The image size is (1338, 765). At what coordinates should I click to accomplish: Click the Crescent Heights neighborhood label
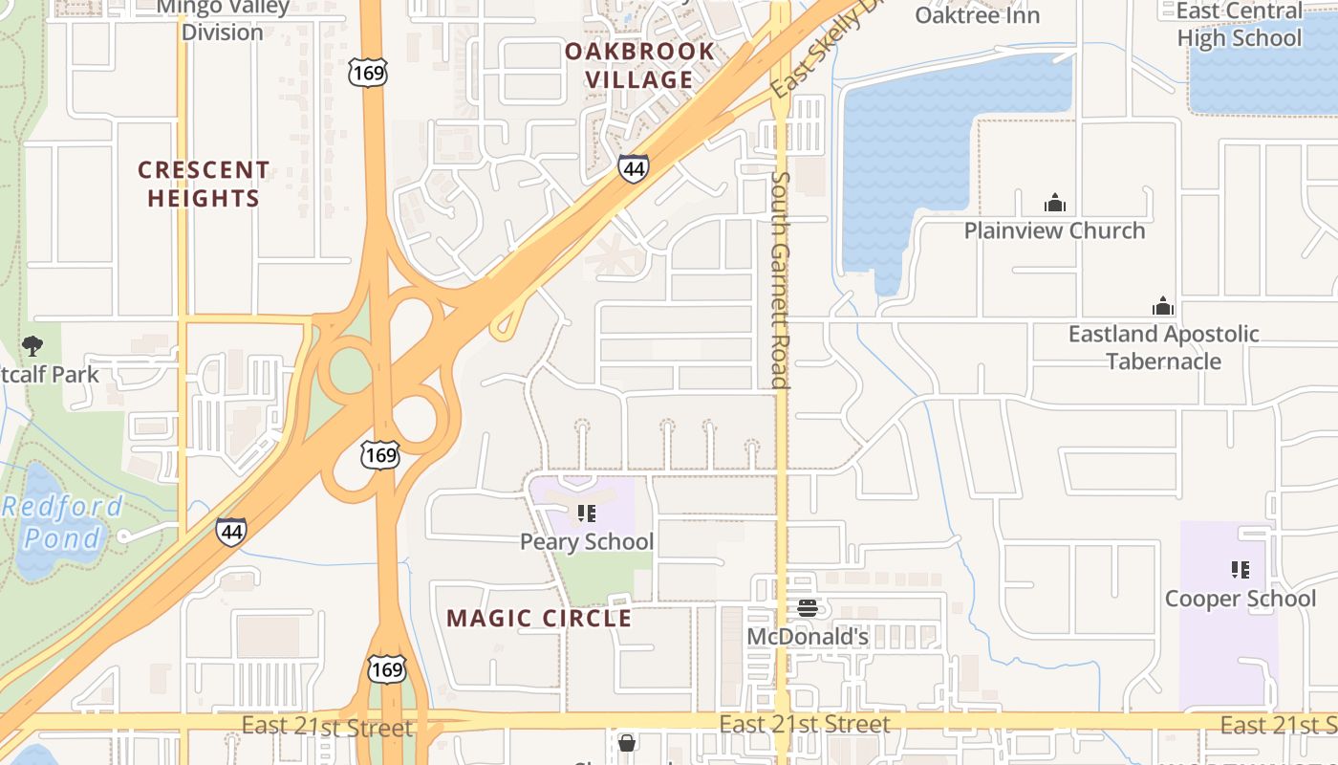[204, 185]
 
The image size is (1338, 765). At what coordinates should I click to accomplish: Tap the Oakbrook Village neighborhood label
[639, 65]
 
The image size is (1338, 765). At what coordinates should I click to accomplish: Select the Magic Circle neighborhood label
[539, 619]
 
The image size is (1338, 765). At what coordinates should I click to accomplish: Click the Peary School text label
[587, 542]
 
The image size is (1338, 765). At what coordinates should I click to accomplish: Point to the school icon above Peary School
[587, 515]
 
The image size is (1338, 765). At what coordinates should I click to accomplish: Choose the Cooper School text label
[1240, 599]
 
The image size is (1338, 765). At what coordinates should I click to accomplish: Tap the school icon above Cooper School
[1241, 571]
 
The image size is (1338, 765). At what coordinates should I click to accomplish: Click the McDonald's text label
[808, 637]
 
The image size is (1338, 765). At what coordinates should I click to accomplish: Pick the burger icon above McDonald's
[808, 608]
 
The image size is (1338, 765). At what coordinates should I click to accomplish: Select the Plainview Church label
[1054, 230]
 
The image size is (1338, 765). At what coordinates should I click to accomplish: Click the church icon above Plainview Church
[1054, 203]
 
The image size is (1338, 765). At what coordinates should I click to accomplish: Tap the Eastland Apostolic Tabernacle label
[1163, 347]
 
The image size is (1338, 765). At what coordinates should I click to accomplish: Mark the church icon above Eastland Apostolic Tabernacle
[1163, 306]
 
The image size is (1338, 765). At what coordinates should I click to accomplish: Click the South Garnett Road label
[780, 279]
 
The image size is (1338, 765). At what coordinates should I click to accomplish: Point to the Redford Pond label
[63, 522]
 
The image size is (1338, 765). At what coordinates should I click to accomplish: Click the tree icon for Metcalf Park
[32, 345]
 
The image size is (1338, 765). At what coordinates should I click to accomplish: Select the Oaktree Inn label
[977, 15]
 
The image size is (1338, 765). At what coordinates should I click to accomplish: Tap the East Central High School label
[1240, 25]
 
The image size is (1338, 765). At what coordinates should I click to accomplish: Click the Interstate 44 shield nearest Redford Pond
[230, 532]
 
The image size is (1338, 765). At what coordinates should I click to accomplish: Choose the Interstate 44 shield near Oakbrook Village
[633, 168]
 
